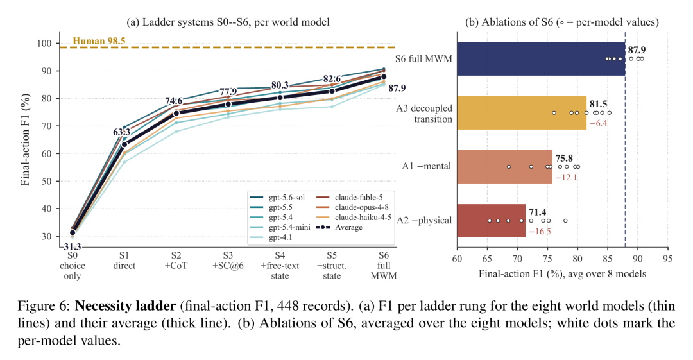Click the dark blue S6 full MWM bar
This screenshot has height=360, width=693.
tap(541, 59)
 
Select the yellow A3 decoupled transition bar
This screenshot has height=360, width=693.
tap(522, 113)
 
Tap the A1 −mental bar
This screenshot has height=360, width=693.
tap(505, 167)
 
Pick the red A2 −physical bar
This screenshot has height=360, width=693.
tap(492, 221)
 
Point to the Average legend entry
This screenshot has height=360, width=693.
tap(339, 227)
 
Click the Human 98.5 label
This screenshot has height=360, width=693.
tap(99, 41)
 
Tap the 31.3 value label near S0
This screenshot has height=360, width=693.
tap(72, 246)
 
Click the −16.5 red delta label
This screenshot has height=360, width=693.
tap(540, 231)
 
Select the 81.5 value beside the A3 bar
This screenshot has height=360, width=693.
tap(599, 104)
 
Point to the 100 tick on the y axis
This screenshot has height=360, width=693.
tap(45, 44)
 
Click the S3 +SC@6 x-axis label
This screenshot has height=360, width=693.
tap(228, 261)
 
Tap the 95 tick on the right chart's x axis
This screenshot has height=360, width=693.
tap(668, 258)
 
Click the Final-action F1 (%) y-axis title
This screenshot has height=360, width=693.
tap(25, 140)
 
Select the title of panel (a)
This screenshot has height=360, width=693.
tap(228, 22)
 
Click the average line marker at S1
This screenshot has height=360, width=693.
tap(124, 144)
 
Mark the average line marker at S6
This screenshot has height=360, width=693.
tap(384, 77)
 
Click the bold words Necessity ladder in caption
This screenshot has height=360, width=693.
tap(126, 306)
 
